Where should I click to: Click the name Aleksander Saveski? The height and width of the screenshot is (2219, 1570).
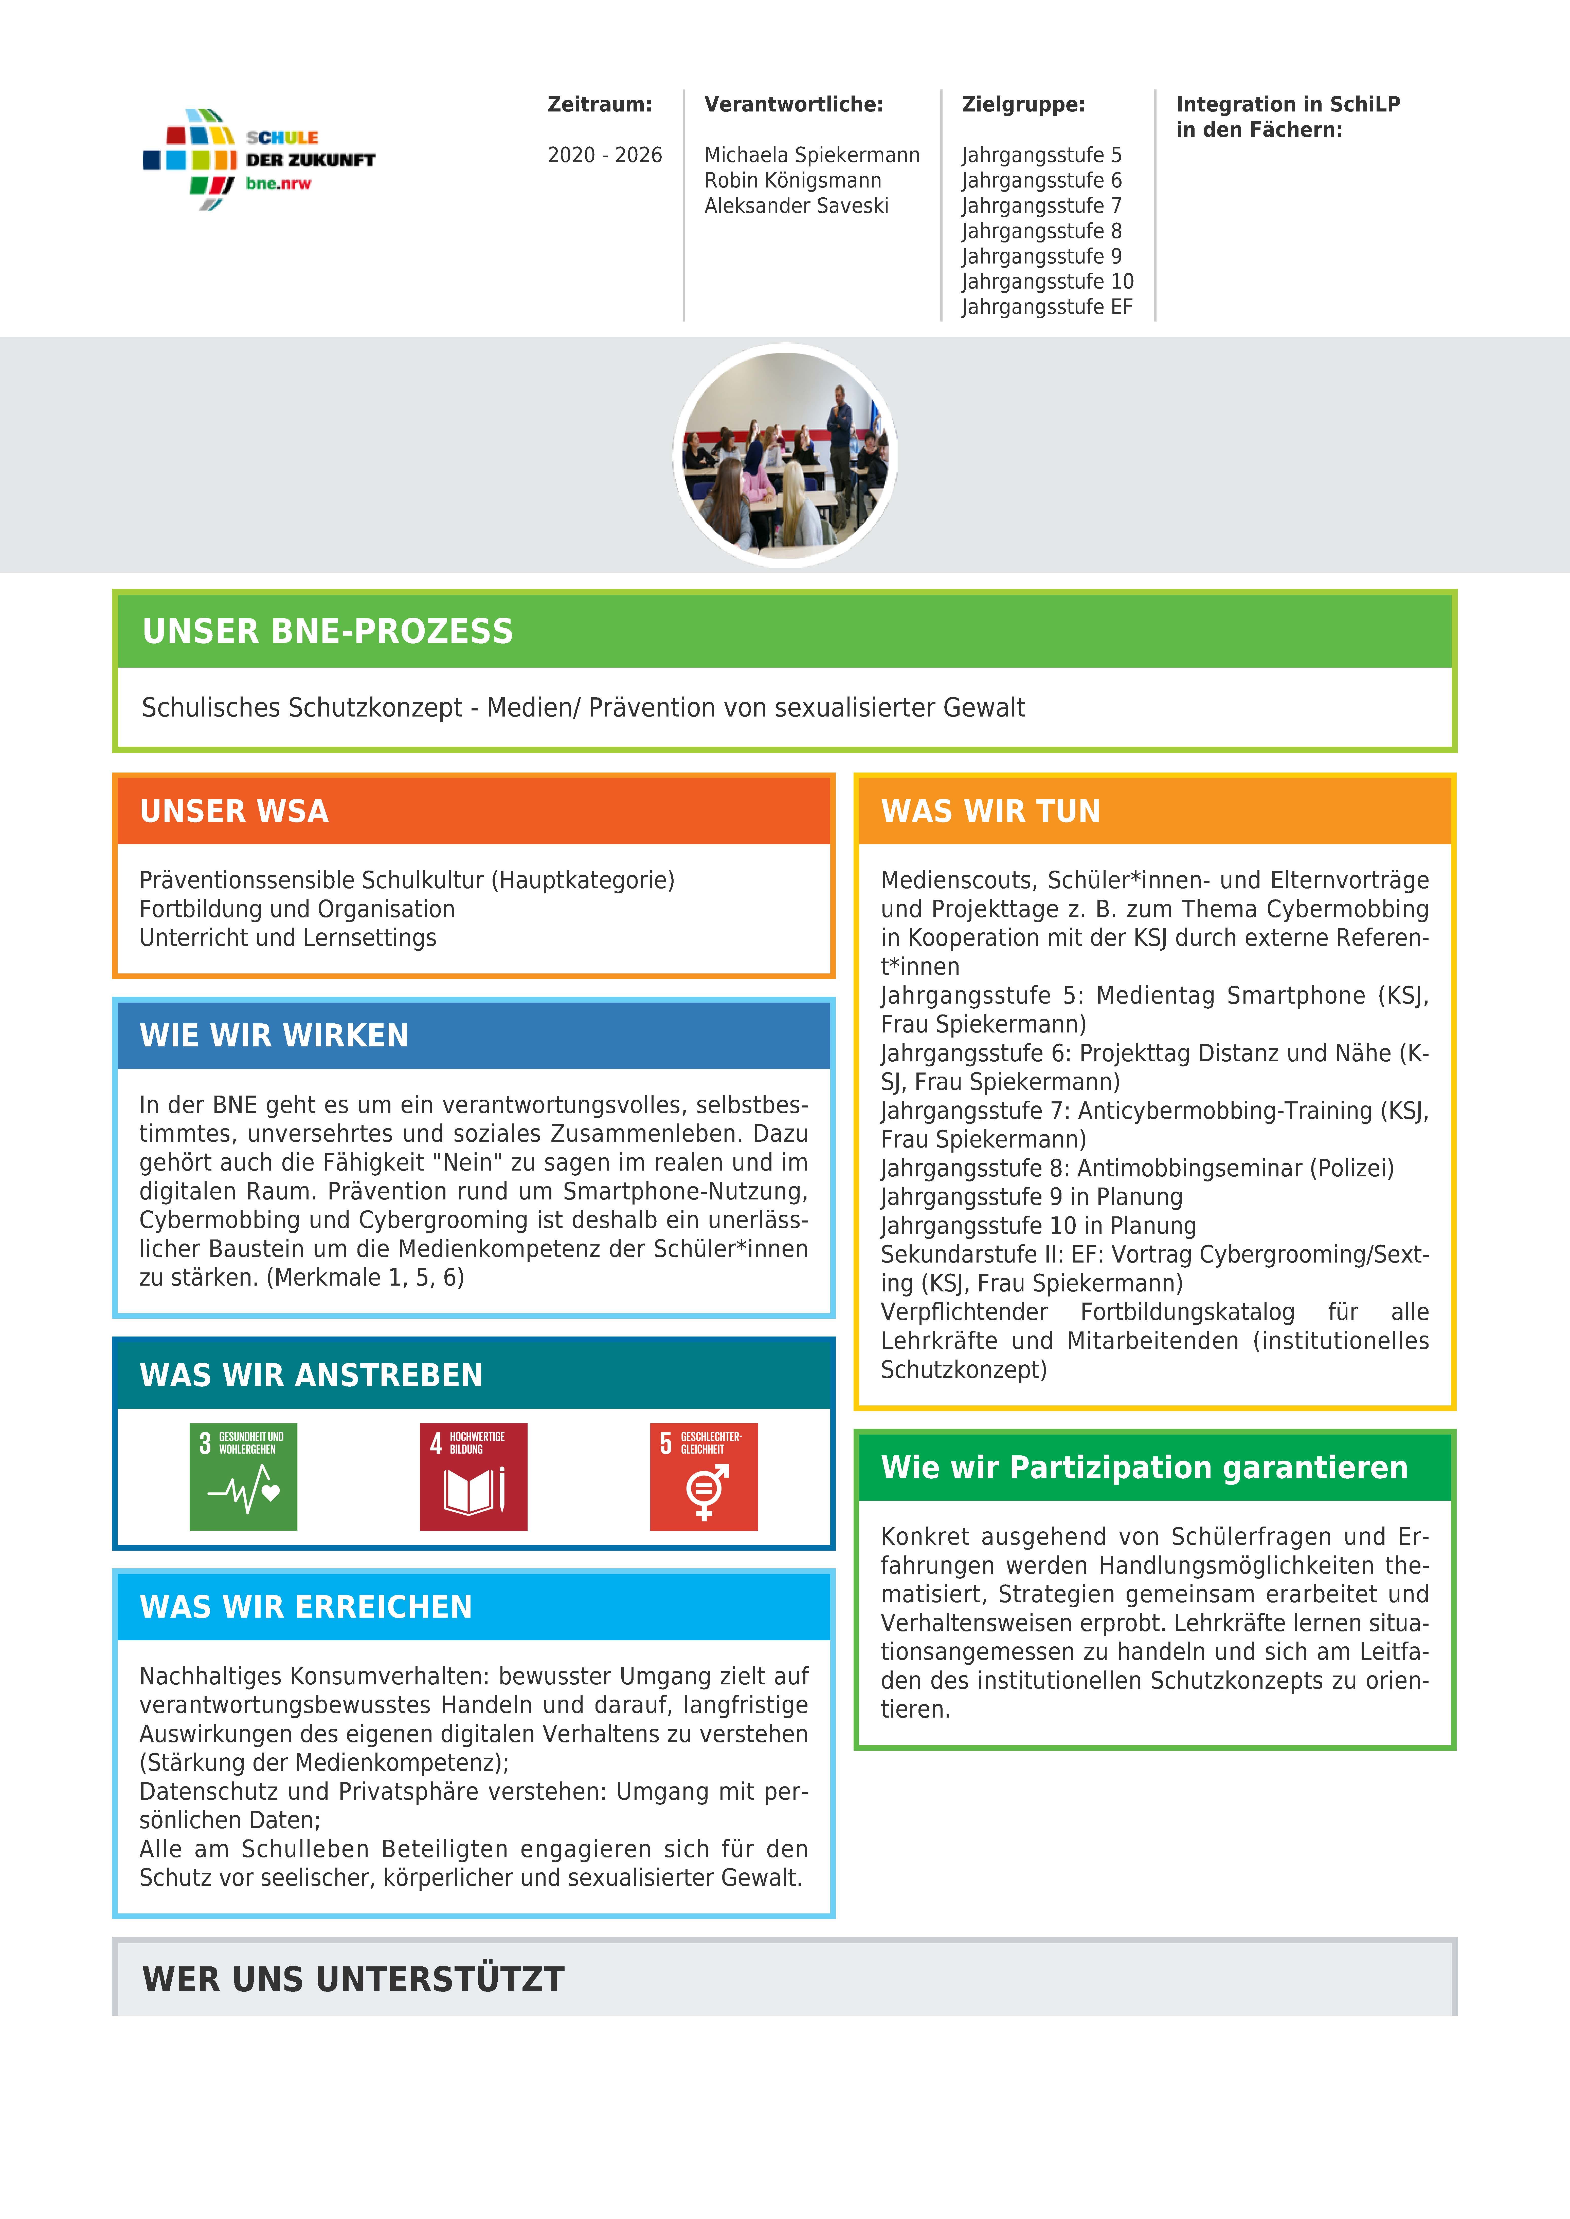pos(796,206)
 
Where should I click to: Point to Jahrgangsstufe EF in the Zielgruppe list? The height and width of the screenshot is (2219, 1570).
pos(1046,307)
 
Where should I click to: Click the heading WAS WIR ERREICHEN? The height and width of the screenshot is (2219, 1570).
pos(305,1607)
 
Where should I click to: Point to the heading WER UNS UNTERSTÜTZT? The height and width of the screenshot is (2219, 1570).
pos(353,1979)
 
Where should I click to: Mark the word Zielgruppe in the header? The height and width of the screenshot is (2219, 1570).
pos(1023,104)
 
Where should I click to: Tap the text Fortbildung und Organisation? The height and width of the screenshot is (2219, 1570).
pos(297,909)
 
